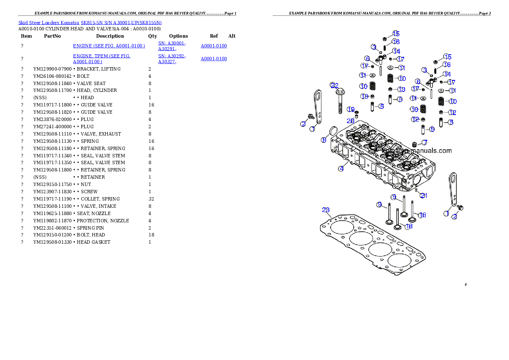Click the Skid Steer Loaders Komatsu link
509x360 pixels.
[49, 23]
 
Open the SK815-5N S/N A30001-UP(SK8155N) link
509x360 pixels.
[121, 23]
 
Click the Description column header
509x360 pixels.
[110, 36]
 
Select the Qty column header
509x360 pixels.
[152, 36]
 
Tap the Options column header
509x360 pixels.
[178, 36]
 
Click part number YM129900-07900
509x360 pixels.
[52, 69]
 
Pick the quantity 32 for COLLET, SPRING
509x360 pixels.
[151, 199]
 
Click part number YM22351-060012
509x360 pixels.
[52, 228]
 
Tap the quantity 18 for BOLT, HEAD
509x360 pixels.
[151, 235]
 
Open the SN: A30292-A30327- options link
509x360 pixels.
[172, 59]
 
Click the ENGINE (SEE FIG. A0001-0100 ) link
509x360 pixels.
[109, 46]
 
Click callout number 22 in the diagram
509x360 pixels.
[334, 86]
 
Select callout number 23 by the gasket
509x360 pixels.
[326, 210]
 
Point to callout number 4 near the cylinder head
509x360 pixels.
[341, 169]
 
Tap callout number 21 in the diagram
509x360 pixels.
[423, 195]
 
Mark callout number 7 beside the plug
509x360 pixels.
[425, 142]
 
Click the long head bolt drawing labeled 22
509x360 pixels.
[340, 102]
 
